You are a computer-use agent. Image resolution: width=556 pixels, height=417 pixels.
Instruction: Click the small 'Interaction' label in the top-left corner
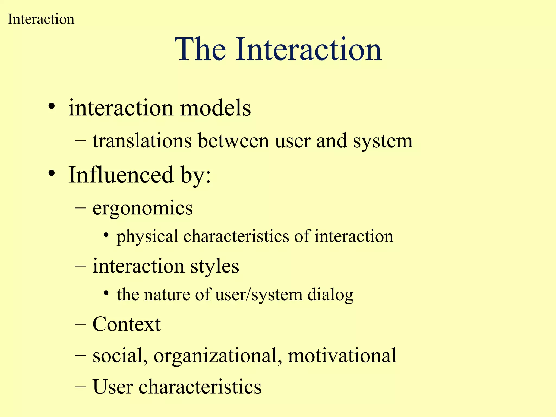click(x=41, y=19)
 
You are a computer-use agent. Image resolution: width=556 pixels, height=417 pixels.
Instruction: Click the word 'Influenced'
click(x=121, y=175)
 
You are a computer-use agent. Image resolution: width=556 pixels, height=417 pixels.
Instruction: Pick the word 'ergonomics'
click(x=143, y=208)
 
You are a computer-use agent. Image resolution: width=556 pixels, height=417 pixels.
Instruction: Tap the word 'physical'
click(x=147, y=236)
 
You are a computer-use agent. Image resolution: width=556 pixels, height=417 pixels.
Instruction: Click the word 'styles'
click(x=214, y=266)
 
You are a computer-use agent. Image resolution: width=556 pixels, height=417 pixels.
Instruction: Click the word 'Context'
click(x=127, y=324)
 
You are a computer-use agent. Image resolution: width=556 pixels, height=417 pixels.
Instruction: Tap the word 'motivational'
click(x=342, y=355)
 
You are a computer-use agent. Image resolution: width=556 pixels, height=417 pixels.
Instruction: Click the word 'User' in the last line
click(x=113, y=387)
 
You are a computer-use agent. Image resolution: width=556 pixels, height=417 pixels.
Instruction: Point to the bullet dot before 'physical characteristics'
click(x=106, y=235)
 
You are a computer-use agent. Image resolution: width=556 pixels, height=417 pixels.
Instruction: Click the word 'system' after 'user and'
click(x=383, y=141)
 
